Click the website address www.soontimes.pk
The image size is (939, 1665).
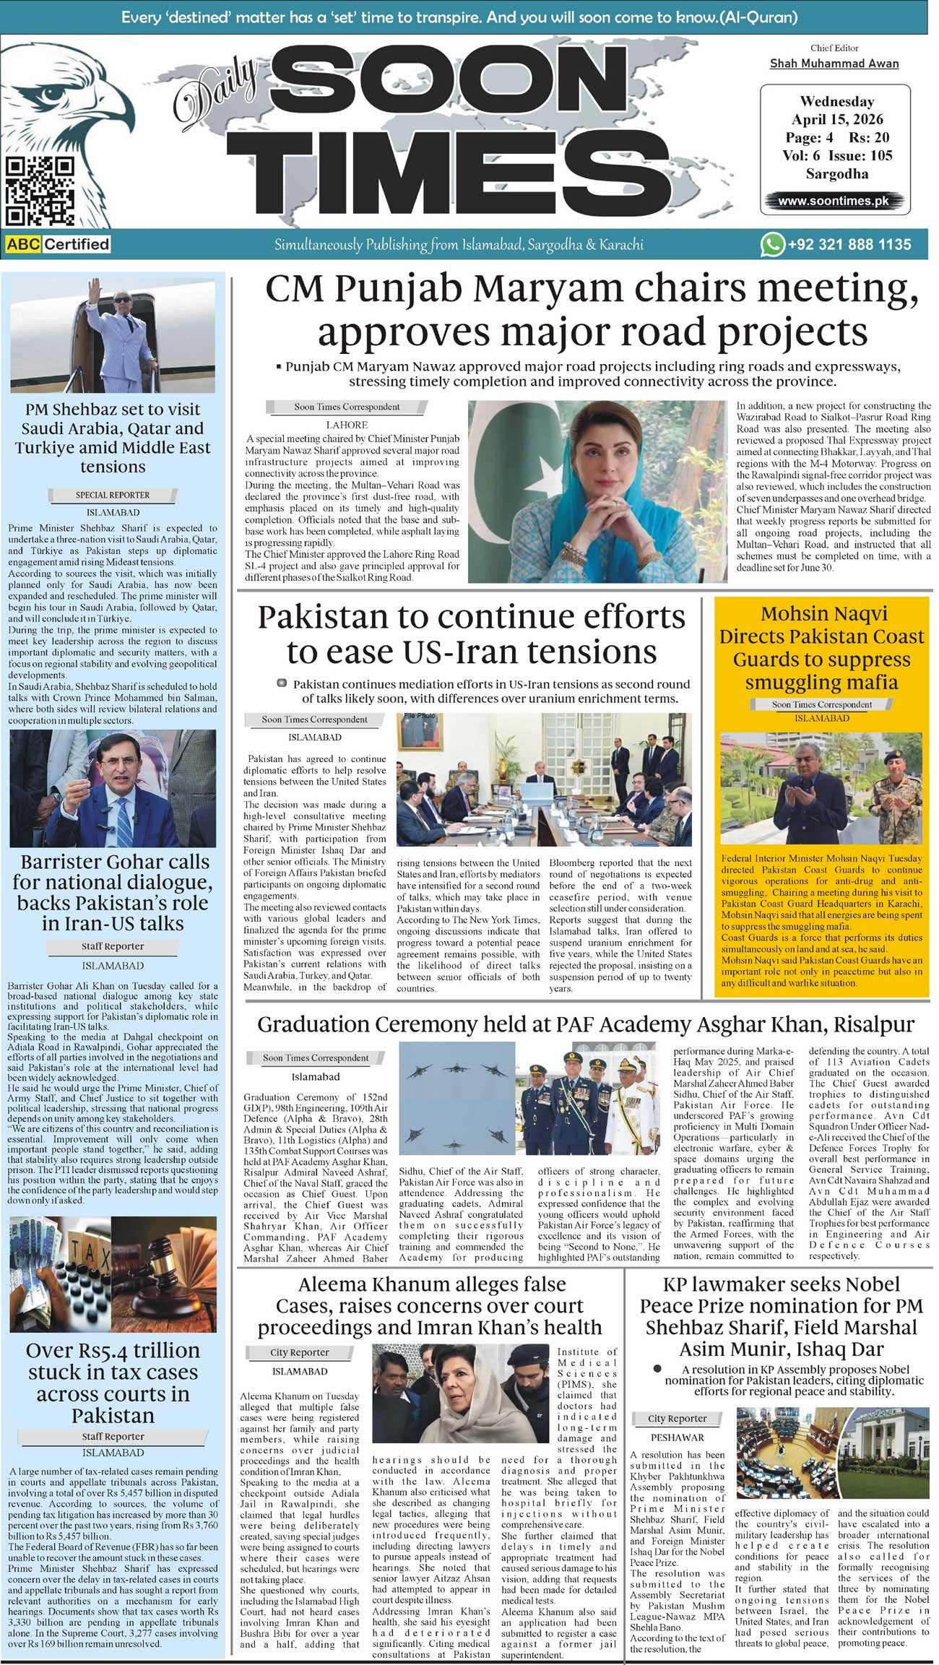834,201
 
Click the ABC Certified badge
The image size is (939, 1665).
58,244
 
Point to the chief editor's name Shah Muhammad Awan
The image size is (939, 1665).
834,64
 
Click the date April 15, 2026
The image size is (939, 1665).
837,119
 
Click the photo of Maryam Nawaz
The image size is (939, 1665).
597,491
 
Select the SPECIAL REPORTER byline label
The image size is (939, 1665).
113,495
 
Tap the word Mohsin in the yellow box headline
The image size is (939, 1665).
797,614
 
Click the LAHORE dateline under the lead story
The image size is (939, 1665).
347,425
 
